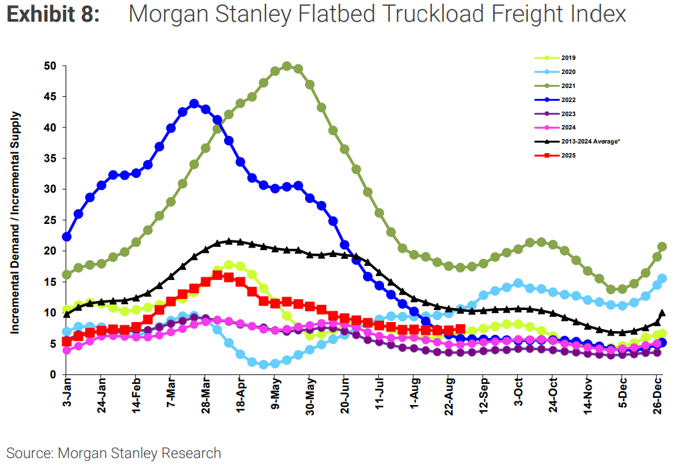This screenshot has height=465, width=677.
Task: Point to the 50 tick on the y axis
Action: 50,66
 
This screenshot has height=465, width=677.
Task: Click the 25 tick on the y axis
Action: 50,220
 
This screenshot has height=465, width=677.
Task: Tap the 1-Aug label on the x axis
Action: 415,396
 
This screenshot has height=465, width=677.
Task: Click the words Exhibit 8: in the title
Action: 53,15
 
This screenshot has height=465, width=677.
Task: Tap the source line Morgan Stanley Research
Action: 139,453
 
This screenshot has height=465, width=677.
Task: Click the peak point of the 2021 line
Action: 287,66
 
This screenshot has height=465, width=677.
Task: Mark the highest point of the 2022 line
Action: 194,103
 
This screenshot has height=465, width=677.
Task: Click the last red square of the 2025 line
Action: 460,329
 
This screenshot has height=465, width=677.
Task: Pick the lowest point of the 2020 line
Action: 264,365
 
